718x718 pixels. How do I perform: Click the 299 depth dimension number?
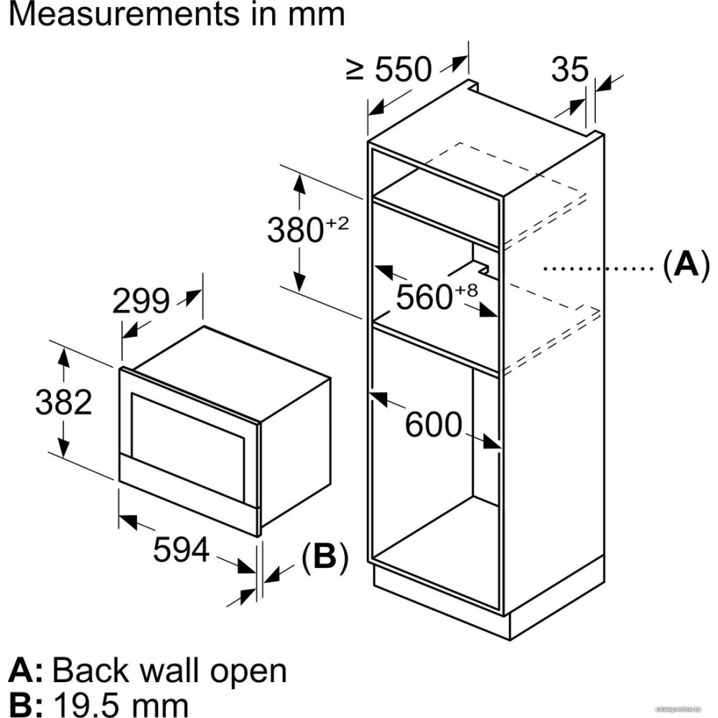[x=140, y=302]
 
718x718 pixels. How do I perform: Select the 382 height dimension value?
[x=64, y=403]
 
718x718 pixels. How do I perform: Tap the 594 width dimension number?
[x=181, y=551]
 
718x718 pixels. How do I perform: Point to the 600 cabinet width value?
[x=433, y=425]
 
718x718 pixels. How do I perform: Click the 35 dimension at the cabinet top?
[x=569, y=70]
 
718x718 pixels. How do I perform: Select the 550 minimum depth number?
[x=404, y=70]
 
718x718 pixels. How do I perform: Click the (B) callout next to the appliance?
[x=324, y=557]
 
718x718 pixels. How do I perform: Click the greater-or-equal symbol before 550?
[x=355, y=70]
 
